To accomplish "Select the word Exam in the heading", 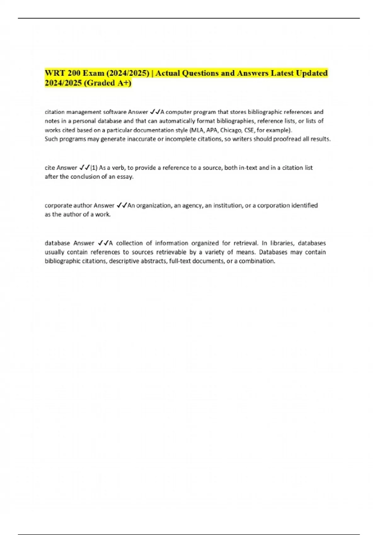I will point(94,73).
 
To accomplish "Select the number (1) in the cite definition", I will point(94,168).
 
